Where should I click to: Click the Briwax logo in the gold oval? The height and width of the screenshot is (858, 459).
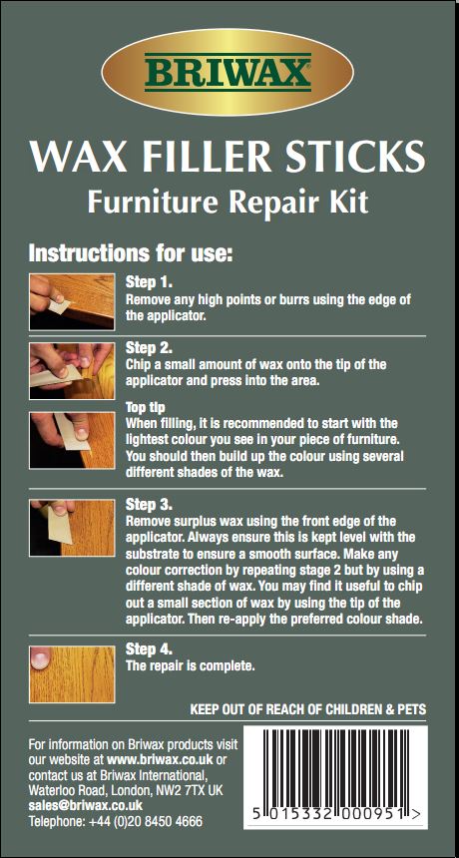(229, 72)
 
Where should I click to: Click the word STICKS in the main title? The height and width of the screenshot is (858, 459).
(361, 156)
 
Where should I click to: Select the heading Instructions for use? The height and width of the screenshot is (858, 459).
(132, 253)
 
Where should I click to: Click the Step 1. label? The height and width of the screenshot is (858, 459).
(149, 283)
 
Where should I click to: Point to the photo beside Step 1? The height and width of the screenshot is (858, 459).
(72, 301)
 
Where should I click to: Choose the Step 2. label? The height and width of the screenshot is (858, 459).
(149, 348)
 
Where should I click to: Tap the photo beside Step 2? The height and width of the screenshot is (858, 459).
(72, 371)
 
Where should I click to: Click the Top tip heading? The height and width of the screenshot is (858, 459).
(146, 408)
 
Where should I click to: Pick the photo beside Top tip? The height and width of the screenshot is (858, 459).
(72, 440)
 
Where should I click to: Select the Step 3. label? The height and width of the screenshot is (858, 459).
(149, 504)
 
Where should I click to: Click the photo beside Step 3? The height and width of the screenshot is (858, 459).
(72, 528)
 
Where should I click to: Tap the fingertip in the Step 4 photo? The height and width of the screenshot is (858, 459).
(41, 659)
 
